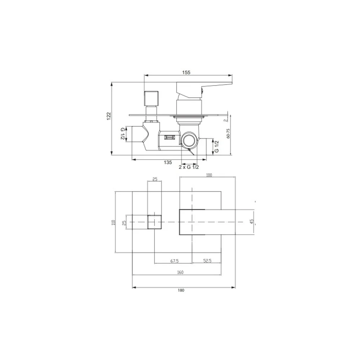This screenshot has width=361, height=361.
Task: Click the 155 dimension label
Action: coord(186,73)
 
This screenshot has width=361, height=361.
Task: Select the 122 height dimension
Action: coord(109,116)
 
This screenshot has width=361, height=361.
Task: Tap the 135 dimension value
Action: coord(168,162)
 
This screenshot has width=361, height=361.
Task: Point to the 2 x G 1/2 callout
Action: coord(189,167)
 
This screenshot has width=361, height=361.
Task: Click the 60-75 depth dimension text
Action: coord(228,133)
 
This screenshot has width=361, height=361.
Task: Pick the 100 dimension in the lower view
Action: coord(209,175)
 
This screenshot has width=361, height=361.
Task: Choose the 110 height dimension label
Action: coord(113,222)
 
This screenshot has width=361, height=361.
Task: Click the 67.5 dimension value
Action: coord(174,261)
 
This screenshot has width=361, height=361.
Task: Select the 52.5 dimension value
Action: coord(208,261)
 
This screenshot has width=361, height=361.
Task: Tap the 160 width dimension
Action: coord(180,272)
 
